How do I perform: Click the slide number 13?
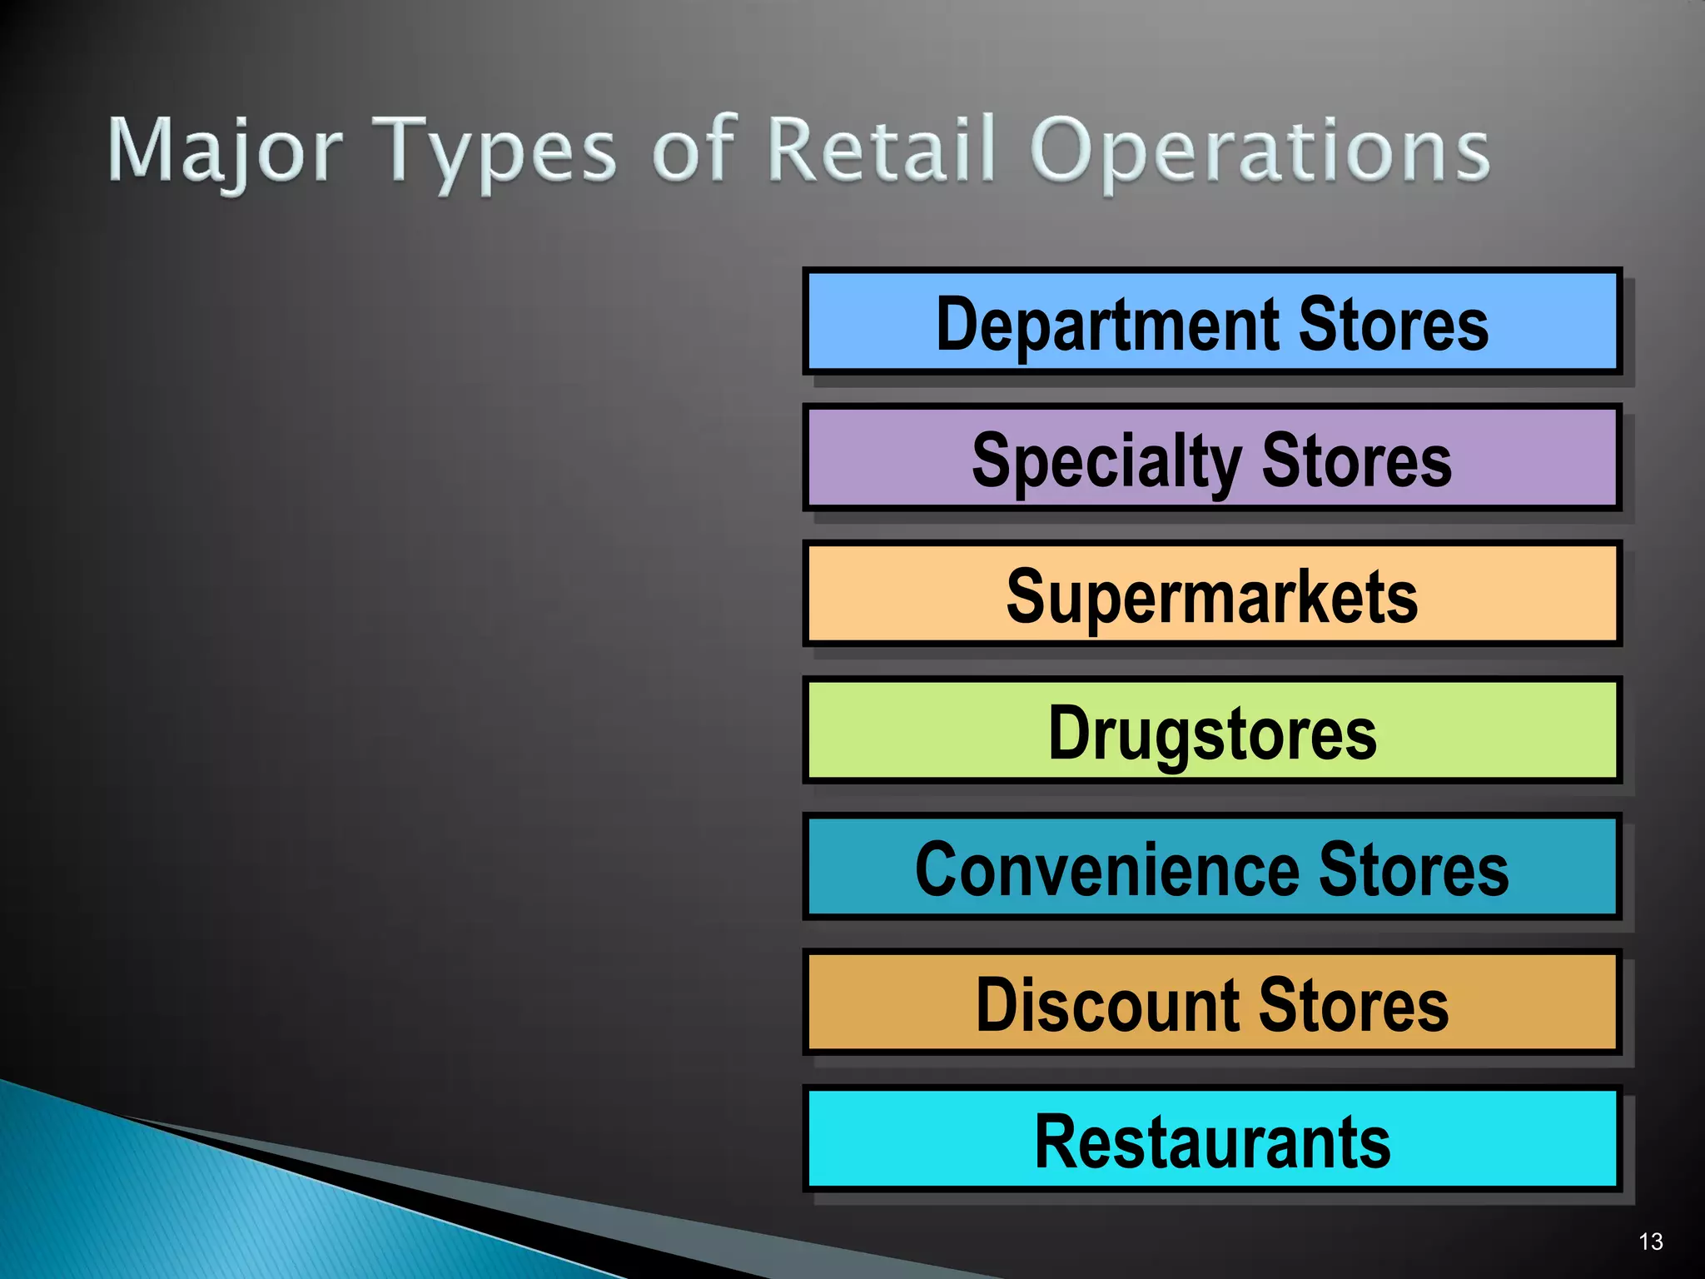(1650, 1242)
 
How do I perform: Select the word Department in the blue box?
(1107, 325)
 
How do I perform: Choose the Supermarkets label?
(1212, 597)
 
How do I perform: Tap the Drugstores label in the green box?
(1212, 734)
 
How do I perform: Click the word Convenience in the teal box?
(1107, 869)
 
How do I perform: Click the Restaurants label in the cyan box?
(1212, 1142)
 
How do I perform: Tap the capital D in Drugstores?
(1067, 732)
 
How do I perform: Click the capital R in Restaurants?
(1056, 1141)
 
